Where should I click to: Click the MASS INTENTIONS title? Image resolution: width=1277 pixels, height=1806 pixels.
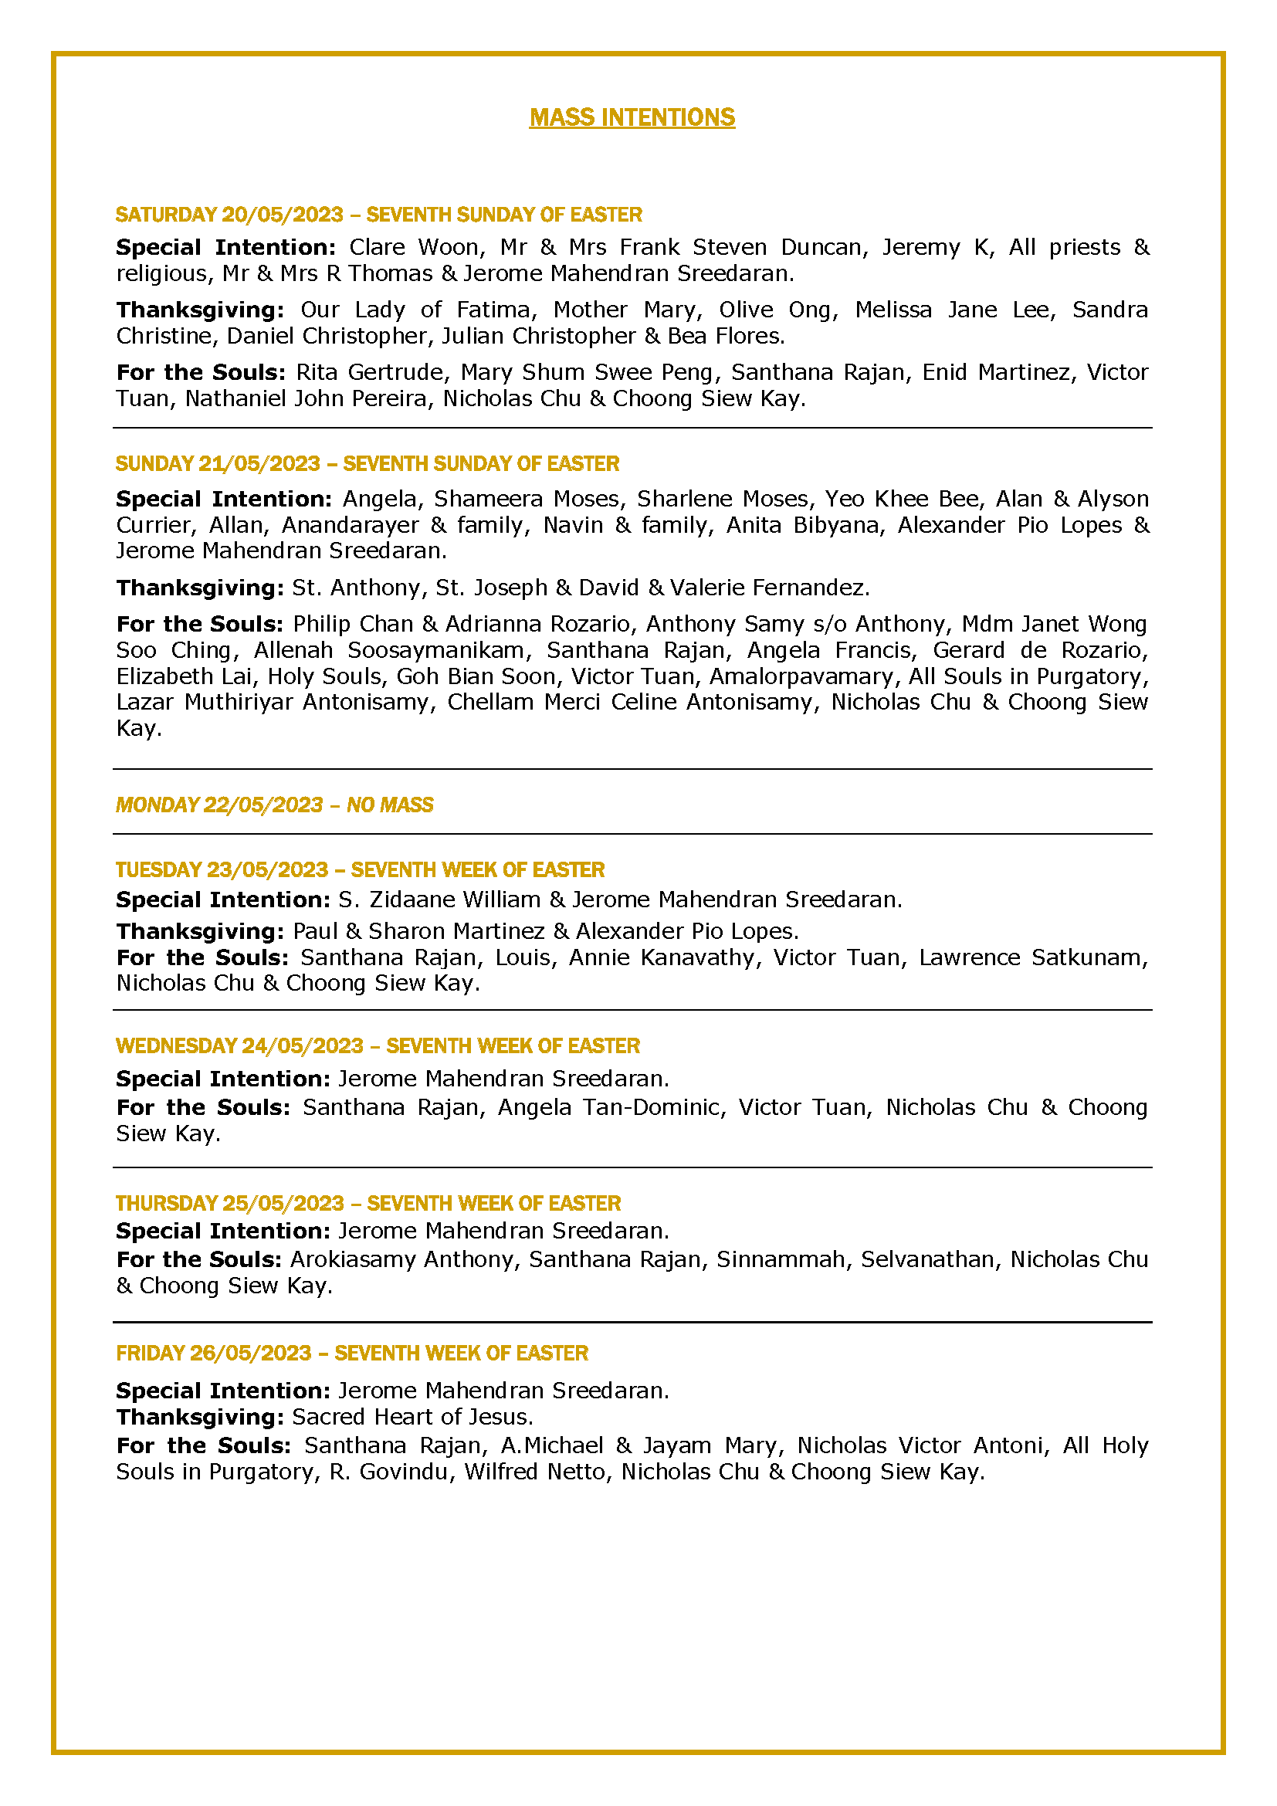click(632, 117)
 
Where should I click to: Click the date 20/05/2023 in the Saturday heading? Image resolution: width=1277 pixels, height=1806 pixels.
click(283, 215)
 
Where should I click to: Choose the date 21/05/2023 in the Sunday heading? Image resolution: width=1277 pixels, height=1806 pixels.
click(259, 463)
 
